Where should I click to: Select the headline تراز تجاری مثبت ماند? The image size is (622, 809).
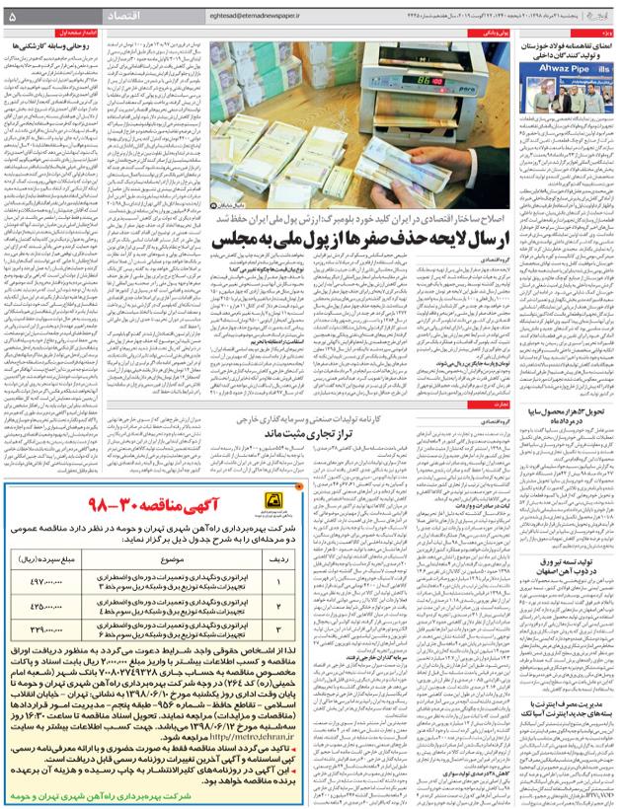click(351, 433)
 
